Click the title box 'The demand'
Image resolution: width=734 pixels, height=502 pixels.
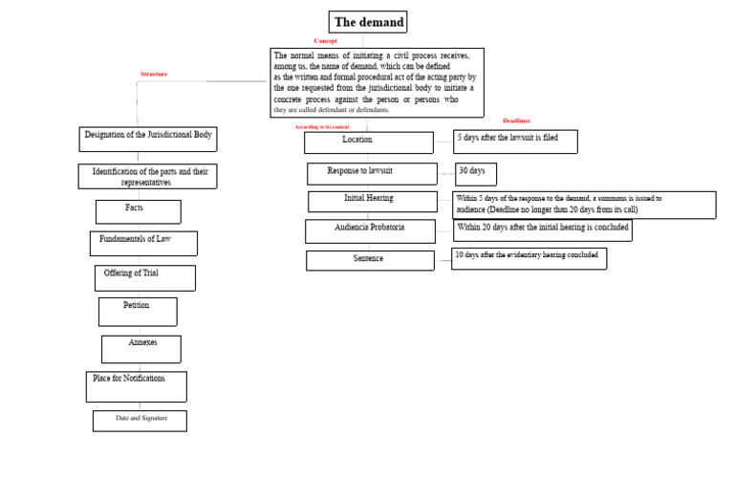click(368, 22)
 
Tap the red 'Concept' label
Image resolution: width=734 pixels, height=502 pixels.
click(326, 41)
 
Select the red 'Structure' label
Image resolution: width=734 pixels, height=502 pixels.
click(153, 74)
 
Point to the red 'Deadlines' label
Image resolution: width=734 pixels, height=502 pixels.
click(516, 120)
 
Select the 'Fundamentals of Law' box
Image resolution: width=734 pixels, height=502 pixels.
click(144, 243)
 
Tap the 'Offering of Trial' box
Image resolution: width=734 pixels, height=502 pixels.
click(144, 277)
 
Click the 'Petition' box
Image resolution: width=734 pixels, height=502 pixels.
click(138, 311)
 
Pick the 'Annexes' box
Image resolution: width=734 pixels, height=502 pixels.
click(141, 348)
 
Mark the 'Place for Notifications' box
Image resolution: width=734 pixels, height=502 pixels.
click(136, 386)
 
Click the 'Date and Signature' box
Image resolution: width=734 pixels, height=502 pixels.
click(140, 421)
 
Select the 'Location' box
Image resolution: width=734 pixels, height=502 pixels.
click(356, 142)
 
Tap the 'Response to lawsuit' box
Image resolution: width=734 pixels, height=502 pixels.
click(372, 173)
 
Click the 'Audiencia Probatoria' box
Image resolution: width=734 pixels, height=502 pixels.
click(370, 230)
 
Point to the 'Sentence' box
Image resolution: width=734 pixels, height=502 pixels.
click(369, 260)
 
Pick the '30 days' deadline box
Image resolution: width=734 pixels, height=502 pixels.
click(475, 173)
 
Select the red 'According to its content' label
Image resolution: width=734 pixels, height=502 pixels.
click(321, 126)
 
